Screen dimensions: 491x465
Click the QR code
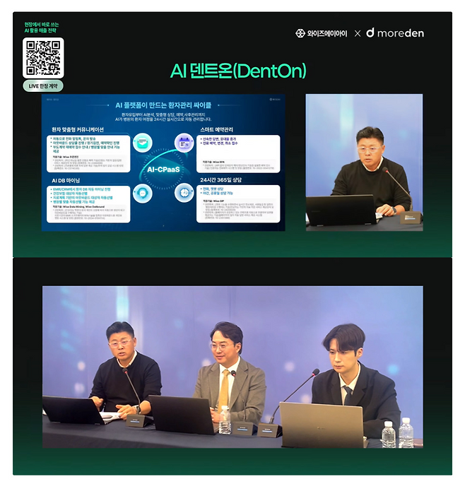tap(44, 57)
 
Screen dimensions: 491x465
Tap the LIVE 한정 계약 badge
tap(44, 85)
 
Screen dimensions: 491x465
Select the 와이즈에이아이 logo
tap(322, 33)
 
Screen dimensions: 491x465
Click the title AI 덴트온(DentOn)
tap(237, 71)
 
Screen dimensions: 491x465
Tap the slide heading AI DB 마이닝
tap(66, 181)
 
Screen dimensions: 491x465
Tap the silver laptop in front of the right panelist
tap(321, 424)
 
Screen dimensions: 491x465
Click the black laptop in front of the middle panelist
tap(180, 414)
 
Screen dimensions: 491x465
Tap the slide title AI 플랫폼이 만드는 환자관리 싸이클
tap(163, 104)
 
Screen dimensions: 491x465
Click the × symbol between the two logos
tap(358, 33)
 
